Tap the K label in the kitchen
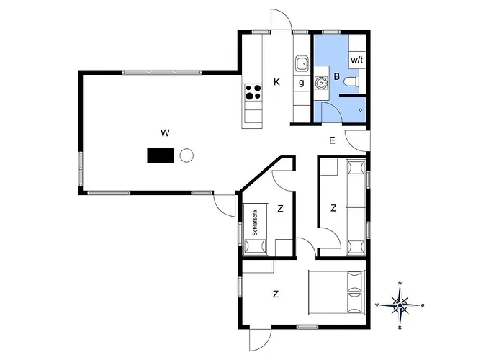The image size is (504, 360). pyautogui.click(x=276, y=81)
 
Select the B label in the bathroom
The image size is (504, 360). pyautogui.click(x=336, y=76)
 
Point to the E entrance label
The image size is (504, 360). pyautogui.click(x=332, y=140)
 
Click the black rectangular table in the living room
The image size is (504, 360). pyautogui.click(x=161, y=155)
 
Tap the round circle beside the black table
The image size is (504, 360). pyautogui.click(x=187, y=154)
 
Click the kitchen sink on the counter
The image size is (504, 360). pyautogui.click(x=301, y=65)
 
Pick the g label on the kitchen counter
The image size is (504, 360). pyautogui.click(x=301, y=82)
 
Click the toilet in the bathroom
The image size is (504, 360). pyautogui.click(x=351, y=83)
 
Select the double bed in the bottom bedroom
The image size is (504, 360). pyautogui.click(x=338, y=292)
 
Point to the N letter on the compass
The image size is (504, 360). pyautogui.click(x=400, y=284)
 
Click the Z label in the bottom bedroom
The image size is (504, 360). pyautogui.click(x=275, y=294)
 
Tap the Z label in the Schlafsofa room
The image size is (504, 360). pyautogui.click(x=280, y=209)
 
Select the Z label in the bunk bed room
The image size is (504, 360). pyautogui.click(x=333, y=208)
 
